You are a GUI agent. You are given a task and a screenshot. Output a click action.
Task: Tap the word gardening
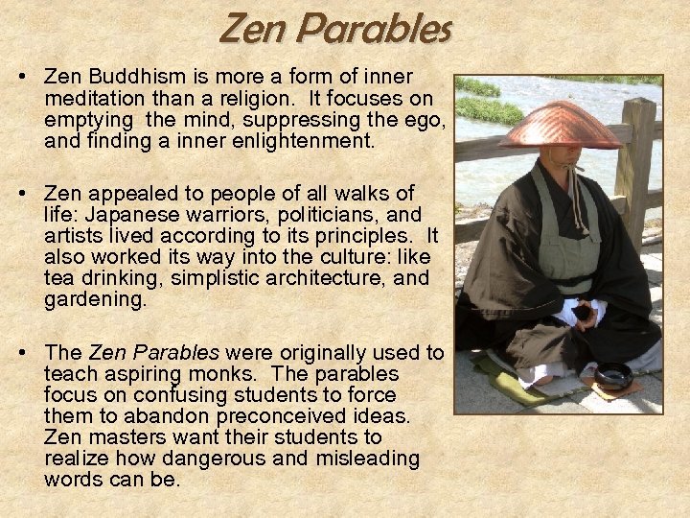coord(95,299)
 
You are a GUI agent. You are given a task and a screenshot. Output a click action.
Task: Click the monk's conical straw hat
coord(561,126)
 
